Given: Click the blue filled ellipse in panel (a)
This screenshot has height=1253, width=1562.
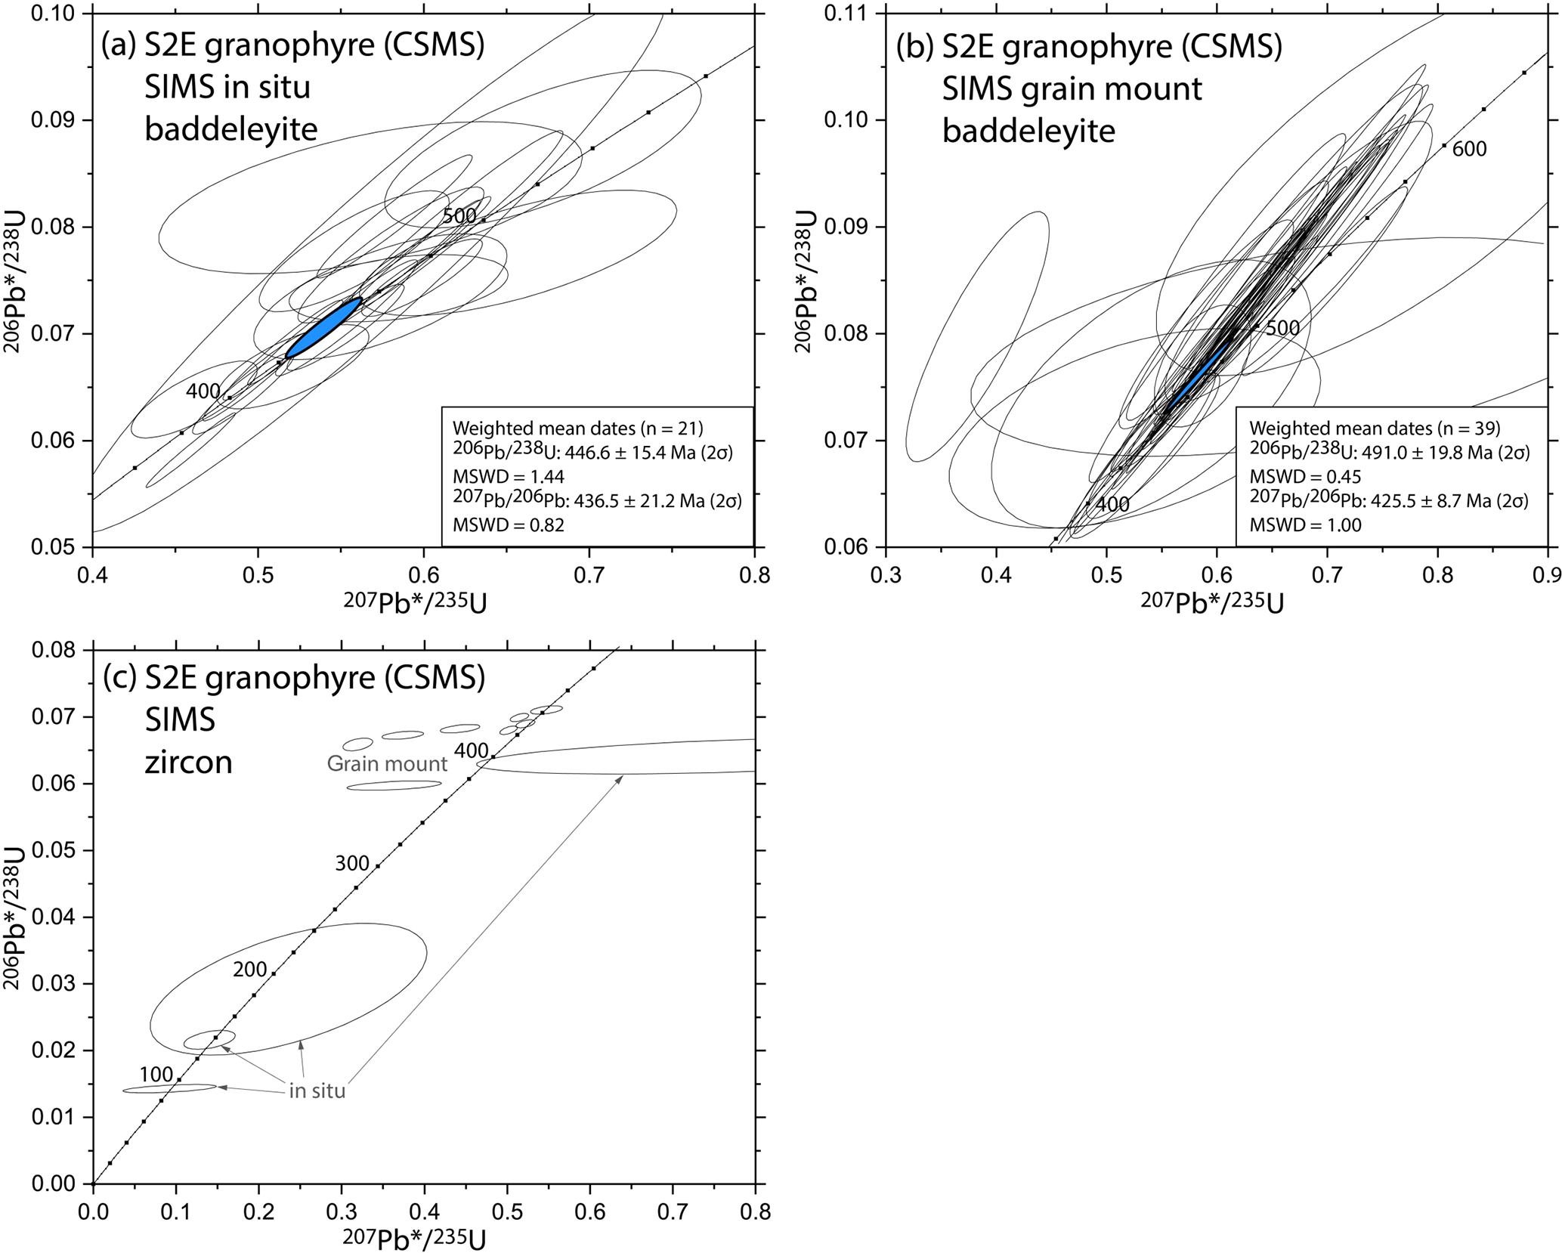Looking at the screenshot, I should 324,328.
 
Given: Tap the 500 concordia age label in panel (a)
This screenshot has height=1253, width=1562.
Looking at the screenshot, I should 459,216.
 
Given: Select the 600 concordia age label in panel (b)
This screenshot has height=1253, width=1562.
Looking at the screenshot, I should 1469,150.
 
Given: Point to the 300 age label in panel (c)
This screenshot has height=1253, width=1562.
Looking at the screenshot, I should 352,864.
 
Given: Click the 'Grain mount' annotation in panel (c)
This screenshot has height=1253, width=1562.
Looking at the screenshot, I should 387,764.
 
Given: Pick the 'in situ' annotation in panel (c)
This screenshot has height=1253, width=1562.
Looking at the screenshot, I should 317,1091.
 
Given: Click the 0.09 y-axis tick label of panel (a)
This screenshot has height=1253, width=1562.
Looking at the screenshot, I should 58,121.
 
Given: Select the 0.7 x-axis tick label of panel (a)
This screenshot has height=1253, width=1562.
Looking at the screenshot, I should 589,577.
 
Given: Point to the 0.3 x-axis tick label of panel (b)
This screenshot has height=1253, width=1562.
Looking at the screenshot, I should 886,577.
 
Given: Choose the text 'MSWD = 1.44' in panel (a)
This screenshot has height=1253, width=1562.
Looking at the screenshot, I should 508,477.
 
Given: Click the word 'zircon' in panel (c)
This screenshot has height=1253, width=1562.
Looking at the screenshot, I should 188,763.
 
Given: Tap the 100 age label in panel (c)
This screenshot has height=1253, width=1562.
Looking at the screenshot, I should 156,1075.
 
